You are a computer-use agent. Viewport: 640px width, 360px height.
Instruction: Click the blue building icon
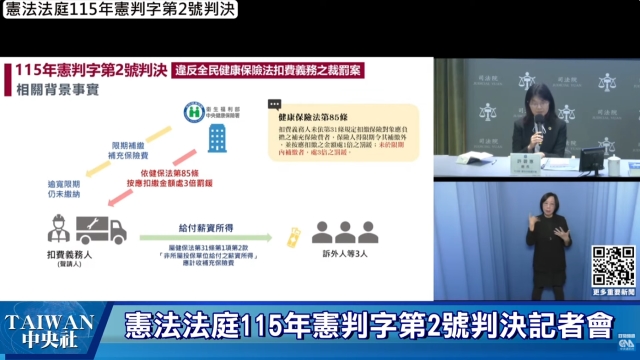[216, 138]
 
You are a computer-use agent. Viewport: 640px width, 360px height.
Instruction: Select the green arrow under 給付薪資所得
[206, 238]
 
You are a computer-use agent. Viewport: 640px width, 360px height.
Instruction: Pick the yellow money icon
[293, 236]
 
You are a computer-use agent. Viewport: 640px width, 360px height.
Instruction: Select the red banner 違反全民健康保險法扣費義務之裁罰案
[264, 71]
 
